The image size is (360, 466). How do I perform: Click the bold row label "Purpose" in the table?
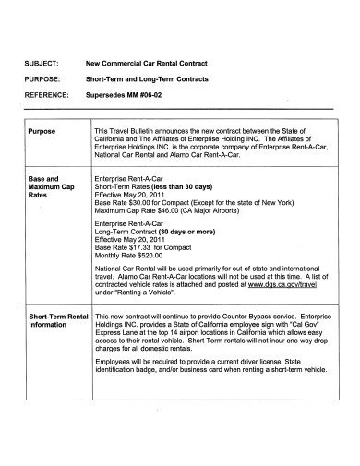[42, 132]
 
